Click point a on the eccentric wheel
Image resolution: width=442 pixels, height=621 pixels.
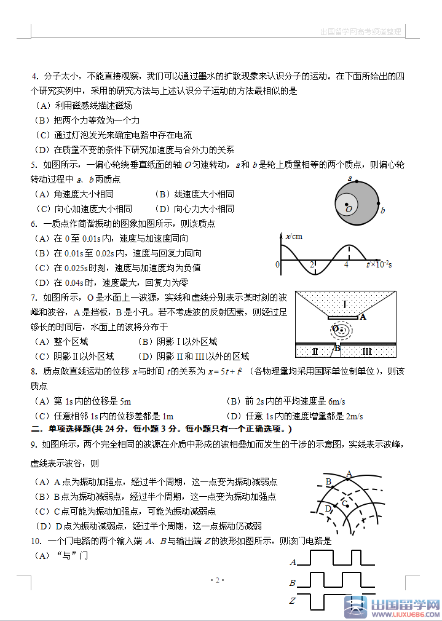(350, 179)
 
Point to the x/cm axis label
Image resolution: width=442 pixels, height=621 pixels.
(294, 236)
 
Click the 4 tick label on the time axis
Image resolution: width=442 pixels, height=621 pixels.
(346, 264)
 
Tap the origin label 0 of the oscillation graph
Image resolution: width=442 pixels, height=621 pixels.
(277, 264)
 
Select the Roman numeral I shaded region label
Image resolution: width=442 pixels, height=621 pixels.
(345, 304)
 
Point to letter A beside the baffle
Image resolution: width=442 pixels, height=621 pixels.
(363, 317)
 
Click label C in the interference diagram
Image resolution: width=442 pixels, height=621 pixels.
(345, 504)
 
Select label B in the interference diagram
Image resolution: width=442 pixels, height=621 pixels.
(328, 481)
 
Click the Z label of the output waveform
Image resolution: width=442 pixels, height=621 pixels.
(293, 601)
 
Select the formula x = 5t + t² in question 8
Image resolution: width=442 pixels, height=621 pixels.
(224, 371)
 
